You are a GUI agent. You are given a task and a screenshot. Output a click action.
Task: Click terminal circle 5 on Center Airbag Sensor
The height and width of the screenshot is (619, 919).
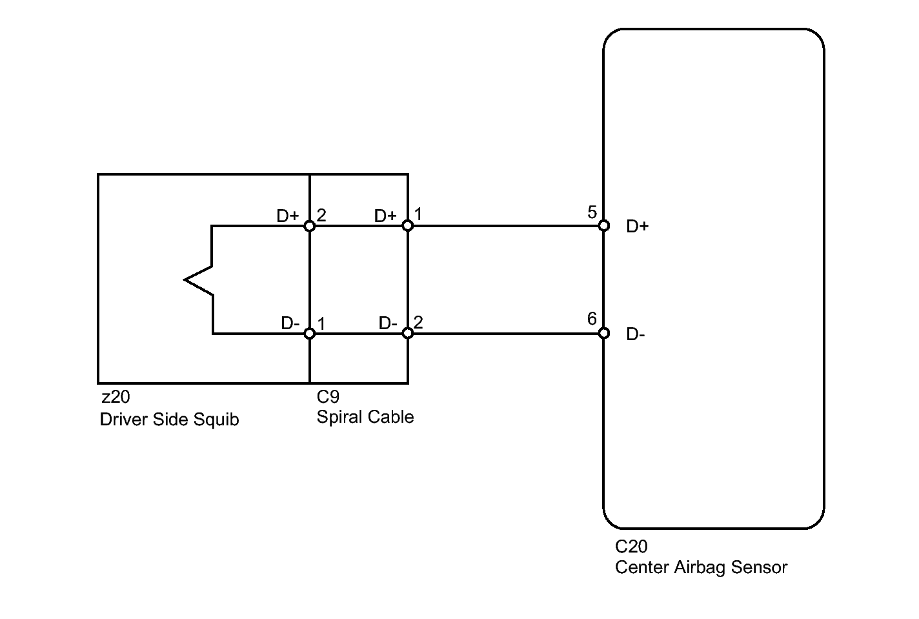pos(603,226)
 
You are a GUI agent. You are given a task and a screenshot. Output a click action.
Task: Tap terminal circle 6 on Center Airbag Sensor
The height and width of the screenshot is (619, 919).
pos(603,333)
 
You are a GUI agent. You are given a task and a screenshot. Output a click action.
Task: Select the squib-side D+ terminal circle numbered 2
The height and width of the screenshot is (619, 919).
pos(310,226)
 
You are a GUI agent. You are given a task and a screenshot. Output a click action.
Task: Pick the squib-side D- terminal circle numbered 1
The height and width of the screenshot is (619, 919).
pos(310,334)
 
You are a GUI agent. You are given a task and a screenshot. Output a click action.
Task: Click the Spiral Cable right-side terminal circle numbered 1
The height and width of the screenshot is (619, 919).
pos(407,226)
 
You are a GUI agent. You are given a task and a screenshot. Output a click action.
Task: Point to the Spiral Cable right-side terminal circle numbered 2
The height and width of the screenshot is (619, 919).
pos(407,333)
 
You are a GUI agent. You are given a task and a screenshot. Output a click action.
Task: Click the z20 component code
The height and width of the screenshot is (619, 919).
pos(116,397)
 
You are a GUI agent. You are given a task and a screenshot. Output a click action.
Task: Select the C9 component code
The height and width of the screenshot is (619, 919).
pos(328,397)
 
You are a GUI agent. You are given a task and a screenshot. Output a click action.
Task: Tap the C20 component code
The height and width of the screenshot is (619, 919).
pos(631,547)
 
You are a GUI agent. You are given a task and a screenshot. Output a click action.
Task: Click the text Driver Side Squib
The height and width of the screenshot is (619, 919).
pos(169,420)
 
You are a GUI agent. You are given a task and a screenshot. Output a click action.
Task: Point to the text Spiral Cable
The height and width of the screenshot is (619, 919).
pos(365,418)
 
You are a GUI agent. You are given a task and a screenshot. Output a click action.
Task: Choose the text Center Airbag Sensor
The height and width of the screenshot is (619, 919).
pos(701,568)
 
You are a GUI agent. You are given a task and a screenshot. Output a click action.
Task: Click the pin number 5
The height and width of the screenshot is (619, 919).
pos(592,212)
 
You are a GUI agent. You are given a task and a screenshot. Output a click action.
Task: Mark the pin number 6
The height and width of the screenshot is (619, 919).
pos(592,319)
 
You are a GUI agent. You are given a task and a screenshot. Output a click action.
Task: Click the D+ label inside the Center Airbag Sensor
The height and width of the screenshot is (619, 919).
pos(637,227)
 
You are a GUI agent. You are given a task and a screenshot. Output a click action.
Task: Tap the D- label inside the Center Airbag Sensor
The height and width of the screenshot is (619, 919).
pos(636,335)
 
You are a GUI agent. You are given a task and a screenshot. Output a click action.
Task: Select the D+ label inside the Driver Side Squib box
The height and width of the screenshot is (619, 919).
pos(288,216)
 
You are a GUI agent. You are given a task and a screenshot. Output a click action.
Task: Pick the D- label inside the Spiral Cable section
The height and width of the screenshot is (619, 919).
pos(388,323)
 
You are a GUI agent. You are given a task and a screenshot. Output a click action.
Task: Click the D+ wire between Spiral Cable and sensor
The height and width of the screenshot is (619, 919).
pos(505,226)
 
